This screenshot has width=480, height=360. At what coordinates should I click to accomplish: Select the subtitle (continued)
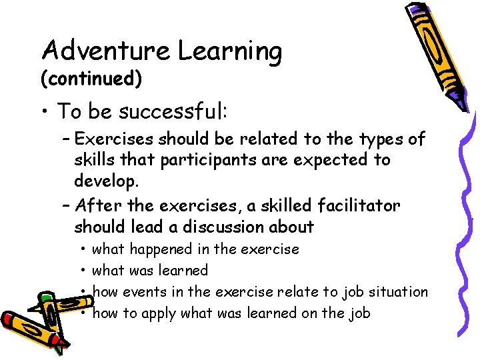(x=91, y=79)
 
